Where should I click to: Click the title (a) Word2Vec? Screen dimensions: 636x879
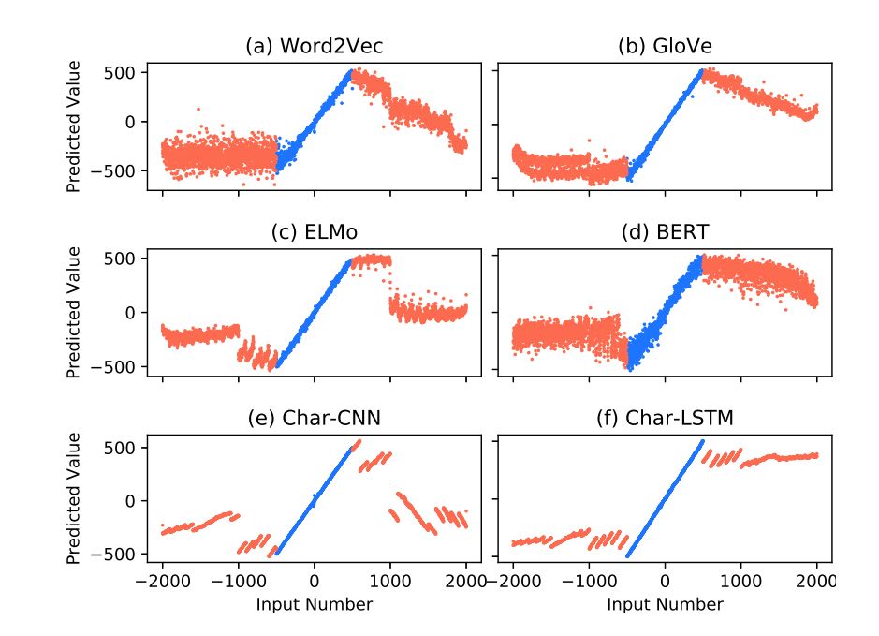point(314,46)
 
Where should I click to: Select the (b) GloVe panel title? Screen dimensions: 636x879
point(665,46)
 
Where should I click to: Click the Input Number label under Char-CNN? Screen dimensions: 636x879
point(314,605)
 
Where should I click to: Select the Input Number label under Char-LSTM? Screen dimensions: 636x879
point(665,605)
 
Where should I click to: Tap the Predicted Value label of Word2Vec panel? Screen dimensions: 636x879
point(74,126)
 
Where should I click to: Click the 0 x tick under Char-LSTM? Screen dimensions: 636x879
point(665,581)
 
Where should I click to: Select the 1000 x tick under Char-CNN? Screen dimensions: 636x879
point(390,581)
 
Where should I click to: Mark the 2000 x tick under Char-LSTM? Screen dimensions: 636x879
point(816,581)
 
